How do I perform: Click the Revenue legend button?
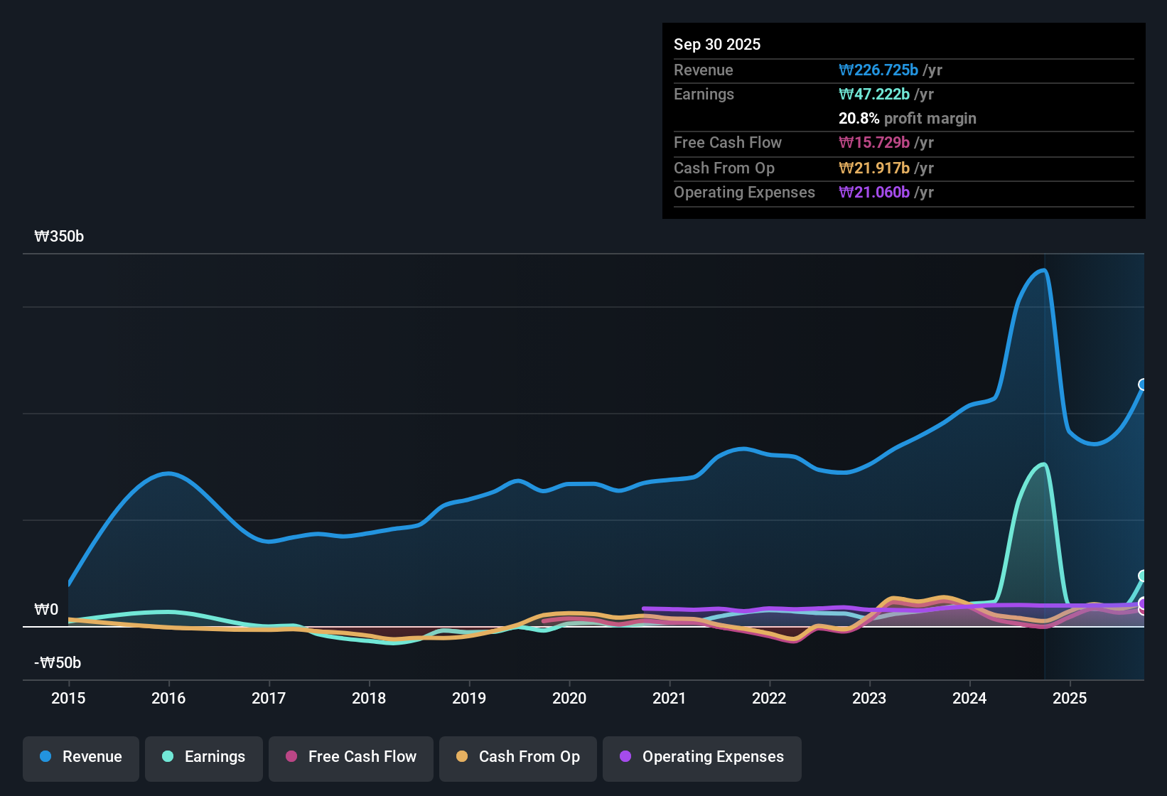pyautogui.click(x=81, y=757)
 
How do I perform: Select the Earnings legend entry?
pyautogui.click(x=204, y=757)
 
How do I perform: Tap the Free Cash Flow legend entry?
pyautogui.click(x=351, y=757)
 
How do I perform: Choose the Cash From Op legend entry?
pyautogui.click(x=518, y=757)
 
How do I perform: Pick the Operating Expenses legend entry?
pyautogui.click(x=702, y=757)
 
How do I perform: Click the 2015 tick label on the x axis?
pyautogui.click(x=68, y=698)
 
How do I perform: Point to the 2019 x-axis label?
pyautogui.click(x=469, y=698)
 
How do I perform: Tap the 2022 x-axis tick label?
pyautogui.click(x=769, y=698)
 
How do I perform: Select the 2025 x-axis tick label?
pyautogui.click(x=1070, y=698)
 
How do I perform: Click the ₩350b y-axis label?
pyautogui.click(x=59, y=237)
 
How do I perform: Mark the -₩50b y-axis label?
pyautogui.click(x=58, y=663)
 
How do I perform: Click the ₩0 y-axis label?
pyautogui.click(x=46, y=610)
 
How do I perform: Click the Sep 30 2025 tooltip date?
pyautogui.click(x=717, y=44)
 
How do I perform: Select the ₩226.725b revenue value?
pyautogui.click(x=878, y=70)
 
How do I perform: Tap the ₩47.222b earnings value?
pyautogui.click(x=874, y=95)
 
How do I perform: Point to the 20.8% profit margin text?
pyautogui.click(x=907, y=119)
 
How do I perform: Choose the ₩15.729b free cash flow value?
pyautogui.click(x=874, y=143)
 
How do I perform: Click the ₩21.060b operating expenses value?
pyautogui.click(x=874, y=193)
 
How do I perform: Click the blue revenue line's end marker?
pyautogui.click(x=1143, y=384)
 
